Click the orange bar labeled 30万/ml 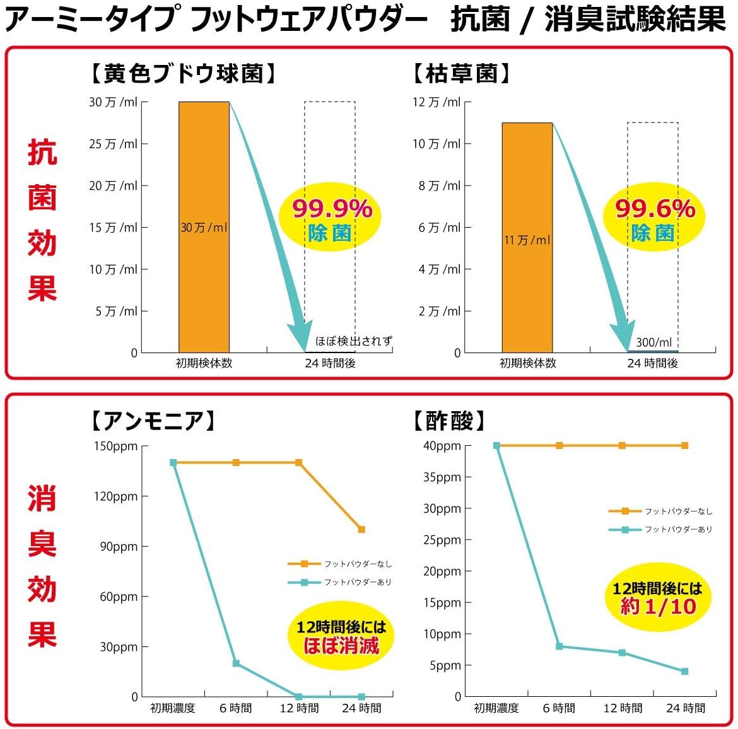(204, 227)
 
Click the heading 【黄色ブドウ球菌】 (182, 74)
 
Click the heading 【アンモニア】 (153, 420)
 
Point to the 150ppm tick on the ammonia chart (116, 446)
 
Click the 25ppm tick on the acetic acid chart (442, 540)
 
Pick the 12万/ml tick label (436, 102)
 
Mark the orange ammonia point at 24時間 (361, 530)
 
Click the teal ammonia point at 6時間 (236, 663)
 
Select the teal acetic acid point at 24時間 (685, 672)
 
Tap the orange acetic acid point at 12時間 (622, 446)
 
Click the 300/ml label (653, 342)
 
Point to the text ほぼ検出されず (353, 341)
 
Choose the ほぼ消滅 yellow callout (341, 636)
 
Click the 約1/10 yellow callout (658, 598)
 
